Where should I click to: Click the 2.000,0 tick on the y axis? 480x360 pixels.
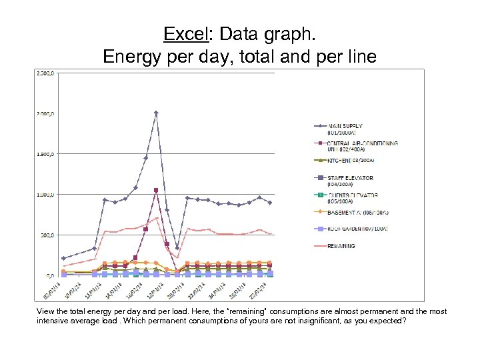point(45,114)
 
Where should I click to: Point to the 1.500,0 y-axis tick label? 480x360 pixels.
point(45,155)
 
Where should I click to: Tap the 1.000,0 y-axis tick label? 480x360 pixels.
point(45,195)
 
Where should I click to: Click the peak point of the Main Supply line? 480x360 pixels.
point(156,113)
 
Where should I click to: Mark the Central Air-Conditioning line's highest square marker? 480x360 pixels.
point(156,190)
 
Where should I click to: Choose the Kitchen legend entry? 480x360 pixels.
point(349,160)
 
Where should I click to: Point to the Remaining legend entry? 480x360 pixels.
point(341,245)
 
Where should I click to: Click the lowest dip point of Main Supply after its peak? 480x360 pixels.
point(177,248)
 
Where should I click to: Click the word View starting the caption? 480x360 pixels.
point(45,311)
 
